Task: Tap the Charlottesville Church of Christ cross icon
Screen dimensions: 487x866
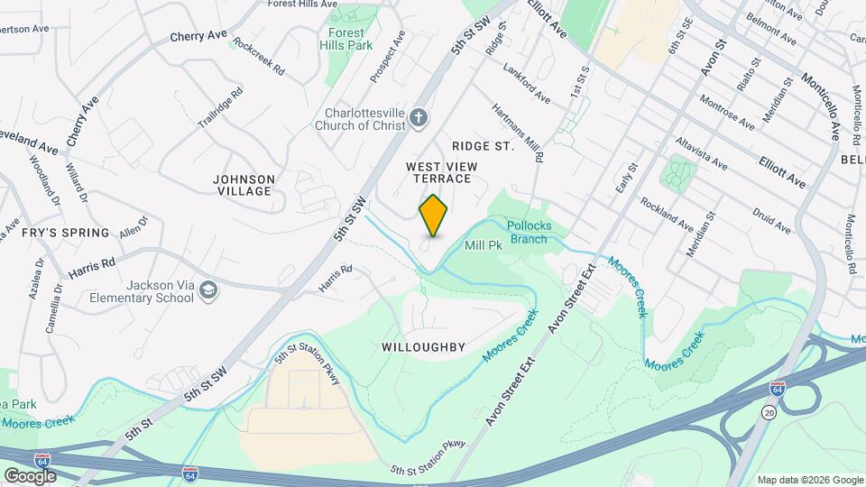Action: pos(418,117)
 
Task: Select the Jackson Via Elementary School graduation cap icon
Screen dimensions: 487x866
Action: pos(208,289)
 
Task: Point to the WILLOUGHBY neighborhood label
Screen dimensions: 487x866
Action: pos(423,347)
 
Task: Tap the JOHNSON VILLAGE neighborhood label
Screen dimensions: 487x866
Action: pos(243,185)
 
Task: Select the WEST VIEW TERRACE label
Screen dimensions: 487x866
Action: pos(438,172)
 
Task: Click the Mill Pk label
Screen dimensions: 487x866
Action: pos(483,245)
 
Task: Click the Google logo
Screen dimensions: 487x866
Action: pos(30,475)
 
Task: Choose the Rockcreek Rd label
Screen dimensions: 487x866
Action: pos(258,56)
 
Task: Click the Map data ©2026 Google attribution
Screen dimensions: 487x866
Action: pos(809,480)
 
